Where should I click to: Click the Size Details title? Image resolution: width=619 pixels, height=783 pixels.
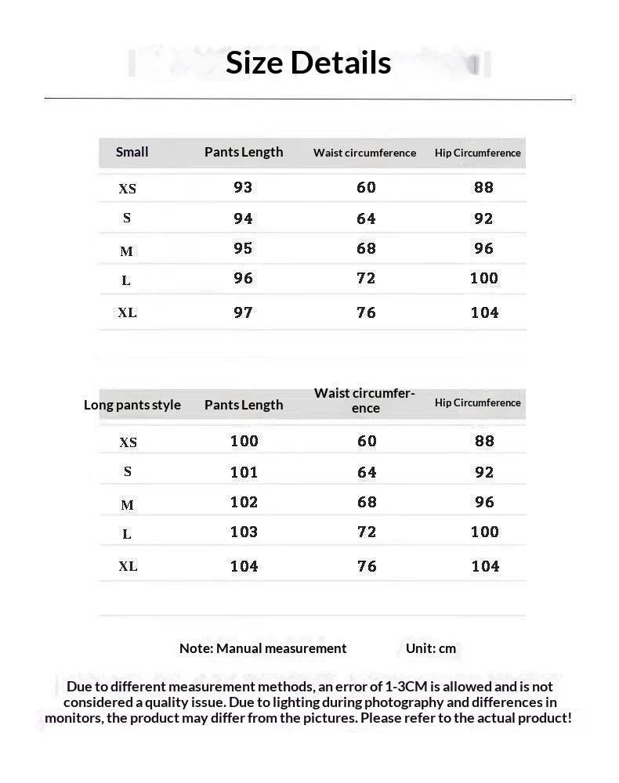coord(308,63)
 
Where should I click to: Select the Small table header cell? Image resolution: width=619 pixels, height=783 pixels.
coord(132,152)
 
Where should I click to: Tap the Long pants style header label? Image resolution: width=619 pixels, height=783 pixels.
coord(132,405)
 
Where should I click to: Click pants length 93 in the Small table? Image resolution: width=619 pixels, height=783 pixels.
coord(243,187)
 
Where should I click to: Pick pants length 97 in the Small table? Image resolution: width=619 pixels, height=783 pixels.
coord(243,312)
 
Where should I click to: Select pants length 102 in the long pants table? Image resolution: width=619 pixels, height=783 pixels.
coord(244,502)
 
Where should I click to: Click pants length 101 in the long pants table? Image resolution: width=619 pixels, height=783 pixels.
coord(244,472)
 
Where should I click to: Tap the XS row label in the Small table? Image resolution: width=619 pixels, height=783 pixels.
coord(127,189)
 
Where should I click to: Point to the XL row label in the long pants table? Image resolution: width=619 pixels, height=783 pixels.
coord(128,566)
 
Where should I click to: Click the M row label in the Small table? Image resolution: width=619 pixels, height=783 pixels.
coord(127,251)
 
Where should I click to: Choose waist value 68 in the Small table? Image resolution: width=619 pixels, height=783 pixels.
coord(366,248)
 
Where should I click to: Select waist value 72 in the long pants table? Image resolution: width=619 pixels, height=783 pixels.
coord(367,532)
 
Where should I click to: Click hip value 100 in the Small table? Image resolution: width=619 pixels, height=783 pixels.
coord(484,278)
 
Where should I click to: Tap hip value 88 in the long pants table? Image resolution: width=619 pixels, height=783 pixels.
coord(484,441)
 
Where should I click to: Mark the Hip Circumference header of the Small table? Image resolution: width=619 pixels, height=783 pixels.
coord(477,153)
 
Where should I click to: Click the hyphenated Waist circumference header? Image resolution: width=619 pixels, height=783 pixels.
coord(364,400)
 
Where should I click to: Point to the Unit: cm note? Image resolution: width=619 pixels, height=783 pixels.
coord(430,648)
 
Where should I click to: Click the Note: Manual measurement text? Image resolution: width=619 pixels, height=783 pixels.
coord(262,648)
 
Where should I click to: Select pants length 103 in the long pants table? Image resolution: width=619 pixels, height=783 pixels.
coord(244,532)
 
